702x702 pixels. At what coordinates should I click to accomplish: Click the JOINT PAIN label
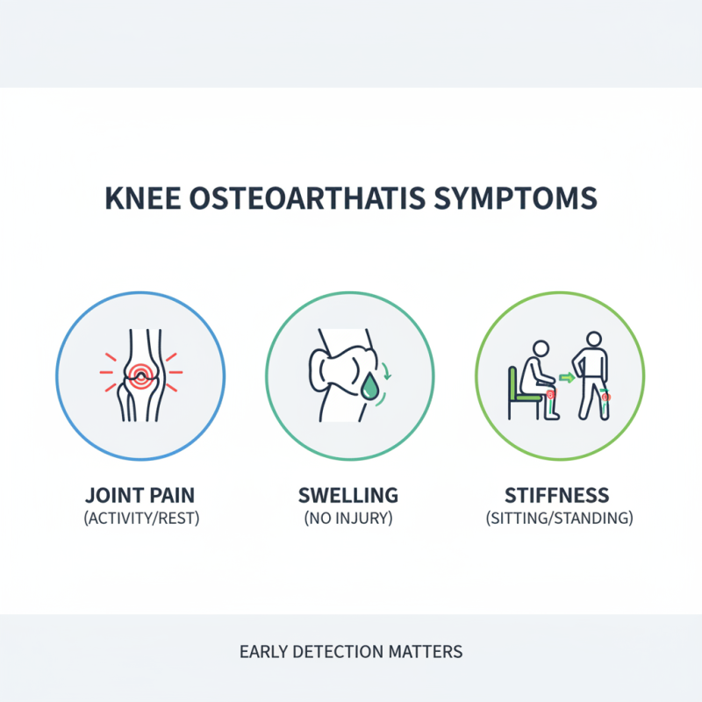[140, 495]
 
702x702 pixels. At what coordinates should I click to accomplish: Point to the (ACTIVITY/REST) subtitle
[140, 518]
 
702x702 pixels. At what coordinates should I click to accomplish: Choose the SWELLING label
[349, 495]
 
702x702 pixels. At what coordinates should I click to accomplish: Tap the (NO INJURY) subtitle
[349, 518]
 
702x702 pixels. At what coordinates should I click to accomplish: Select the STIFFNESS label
[559, 495]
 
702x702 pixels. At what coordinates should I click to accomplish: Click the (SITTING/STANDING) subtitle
[559, 518]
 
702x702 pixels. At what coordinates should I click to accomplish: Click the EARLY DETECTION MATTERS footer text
[351, 652]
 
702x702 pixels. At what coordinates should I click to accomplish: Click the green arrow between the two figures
[566, 378]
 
